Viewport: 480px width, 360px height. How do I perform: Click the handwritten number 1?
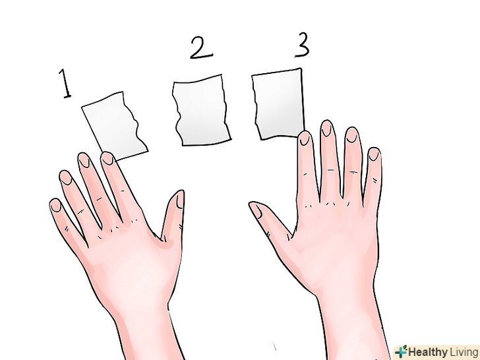pyautogui.click(x=65, y=84)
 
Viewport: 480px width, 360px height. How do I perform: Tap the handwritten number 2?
pyautogui.click(x=201, y=47)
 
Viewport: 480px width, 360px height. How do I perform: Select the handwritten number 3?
pyautogui.click(x=303, y=45)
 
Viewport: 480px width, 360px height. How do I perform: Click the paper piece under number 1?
pyautogui.click(x=115, y=126)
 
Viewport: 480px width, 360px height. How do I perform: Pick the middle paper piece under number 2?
pyautogui.click(x=201, y=110)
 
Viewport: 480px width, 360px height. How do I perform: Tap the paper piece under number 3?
pyautogui.click(x=278, y=105)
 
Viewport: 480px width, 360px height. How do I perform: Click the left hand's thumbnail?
pyautogui.click(x=179, y=200)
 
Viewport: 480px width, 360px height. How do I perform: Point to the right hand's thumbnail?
pyautogui.click(x=256, y=211)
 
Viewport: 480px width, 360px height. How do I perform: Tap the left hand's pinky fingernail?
pyautogui.click(x=56, y=206)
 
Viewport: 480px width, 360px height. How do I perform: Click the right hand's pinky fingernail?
pyautogui.click(x=374, y=154)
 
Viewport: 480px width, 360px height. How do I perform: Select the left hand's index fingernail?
pyautogui.click(x=107, y=158)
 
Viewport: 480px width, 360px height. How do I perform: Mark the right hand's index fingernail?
pyautogui.click(x=305, y=138)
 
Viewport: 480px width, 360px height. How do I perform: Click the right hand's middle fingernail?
pyautogui.click(x=327, y=129)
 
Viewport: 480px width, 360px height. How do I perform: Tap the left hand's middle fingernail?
pyautogui.click(x=84, y=160)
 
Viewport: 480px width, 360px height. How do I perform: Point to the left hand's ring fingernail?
pyautogui.click(x=65, y=178)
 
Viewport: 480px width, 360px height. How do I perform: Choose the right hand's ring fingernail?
pyautogui.click(x=352, y=135)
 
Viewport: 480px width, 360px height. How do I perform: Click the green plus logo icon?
pyautogui.click(x=402, y=351)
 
